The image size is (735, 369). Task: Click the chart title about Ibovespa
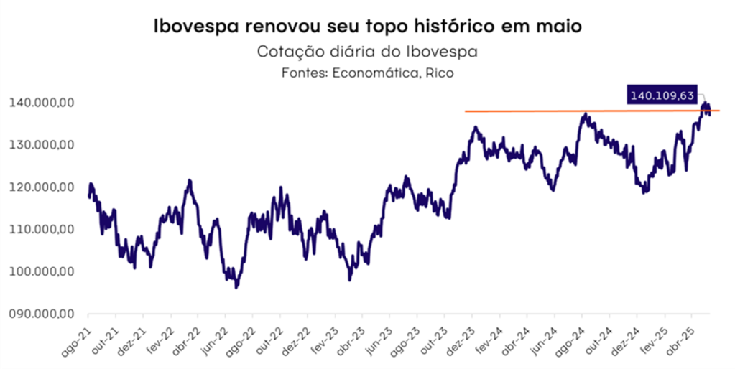click(x=367, y=27)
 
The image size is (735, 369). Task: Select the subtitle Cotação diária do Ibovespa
click(x=367, y=52)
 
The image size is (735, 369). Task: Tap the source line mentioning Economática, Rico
click(x=367, y=73)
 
